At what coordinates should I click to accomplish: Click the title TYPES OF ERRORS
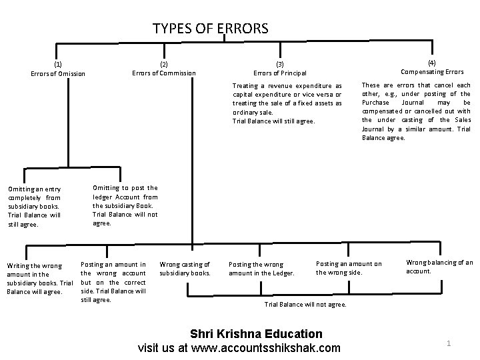pyautogui.click(x=210, y=28)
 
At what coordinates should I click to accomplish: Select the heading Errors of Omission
pyautogui.click(x=58, y=73)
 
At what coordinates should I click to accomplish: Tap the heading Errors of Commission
pyautogui.click(x=164, y=73)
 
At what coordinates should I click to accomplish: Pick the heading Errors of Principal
pyautogui.click(x=280, y=73)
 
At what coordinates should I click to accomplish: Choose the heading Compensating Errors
pyautogui.click(x=432, y=71)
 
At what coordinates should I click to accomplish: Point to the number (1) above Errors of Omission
pyautogui.click(x=58, y=64)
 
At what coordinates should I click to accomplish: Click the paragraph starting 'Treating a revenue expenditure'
pyautogui.click(x=287, y=103)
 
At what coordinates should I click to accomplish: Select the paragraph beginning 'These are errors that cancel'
pyautogui.click(x=416, y=111)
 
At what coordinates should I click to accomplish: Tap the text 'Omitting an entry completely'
pyautogui.click(x=35, y=206)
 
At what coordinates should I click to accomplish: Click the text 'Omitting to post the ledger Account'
pyautogui.click(x=125, y=205)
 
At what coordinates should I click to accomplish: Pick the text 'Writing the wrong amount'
pyautogui.click(x=39, y=278)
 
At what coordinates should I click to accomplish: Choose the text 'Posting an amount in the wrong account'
pyautogui.click(x=113, y=282)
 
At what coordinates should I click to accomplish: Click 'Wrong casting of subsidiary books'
pyautogui.click(x=185, y=269)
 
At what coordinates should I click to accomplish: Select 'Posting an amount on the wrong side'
pyautogui.click(x=349, y=267)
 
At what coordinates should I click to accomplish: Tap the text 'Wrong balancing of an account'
pyautogui.click(x=439, y=267)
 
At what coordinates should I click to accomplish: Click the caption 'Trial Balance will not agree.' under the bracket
pyautogui.click(x=306, y=304)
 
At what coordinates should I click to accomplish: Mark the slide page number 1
pyautogui.click(x=449, y=343)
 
